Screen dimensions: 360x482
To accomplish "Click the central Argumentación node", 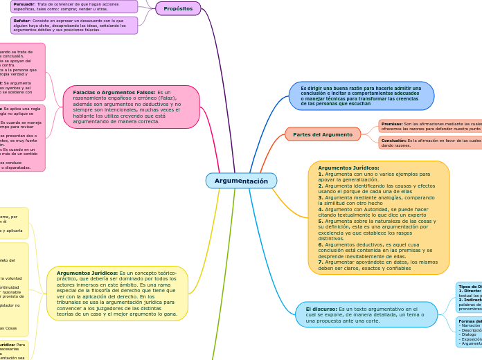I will [x=241, y=181].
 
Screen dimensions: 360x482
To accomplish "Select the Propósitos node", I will [x=178, y=8].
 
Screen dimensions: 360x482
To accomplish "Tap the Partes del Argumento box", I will [x=323, y=134].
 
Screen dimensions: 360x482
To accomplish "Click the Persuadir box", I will [x=75, y=6].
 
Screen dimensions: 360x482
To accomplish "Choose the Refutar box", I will [x=75, y=25].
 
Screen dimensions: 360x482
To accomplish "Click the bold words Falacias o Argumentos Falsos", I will [x=114, y=92].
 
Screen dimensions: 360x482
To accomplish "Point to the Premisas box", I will [x=429, y=126].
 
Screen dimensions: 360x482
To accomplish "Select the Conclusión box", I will [x=429, y=143].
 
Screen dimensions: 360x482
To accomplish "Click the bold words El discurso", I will [x=321, y=308].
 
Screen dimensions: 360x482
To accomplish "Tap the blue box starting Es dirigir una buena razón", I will [x=361, y=96].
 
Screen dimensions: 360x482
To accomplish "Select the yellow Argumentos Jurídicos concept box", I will [x=117, y=294].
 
